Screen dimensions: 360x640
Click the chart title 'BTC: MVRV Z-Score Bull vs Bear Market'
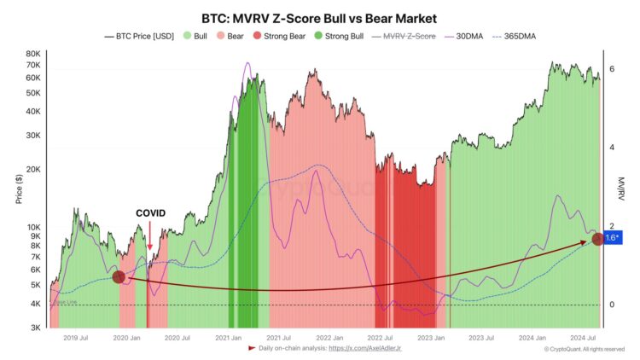click(x=320, y=18)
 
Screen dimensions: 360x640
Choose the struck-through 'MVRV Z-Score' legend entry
click(x=407, y=37)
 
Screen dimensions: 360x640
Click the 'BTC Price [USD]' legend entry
click(x=139, y=37)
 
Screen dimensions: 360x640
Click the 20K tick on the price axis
click(x=32, y=170)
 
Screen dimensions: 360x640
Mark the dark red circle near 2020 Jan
click(x=119, y=276)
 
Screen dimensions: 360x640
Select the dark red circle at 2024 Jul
click(x=598, y=239)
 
